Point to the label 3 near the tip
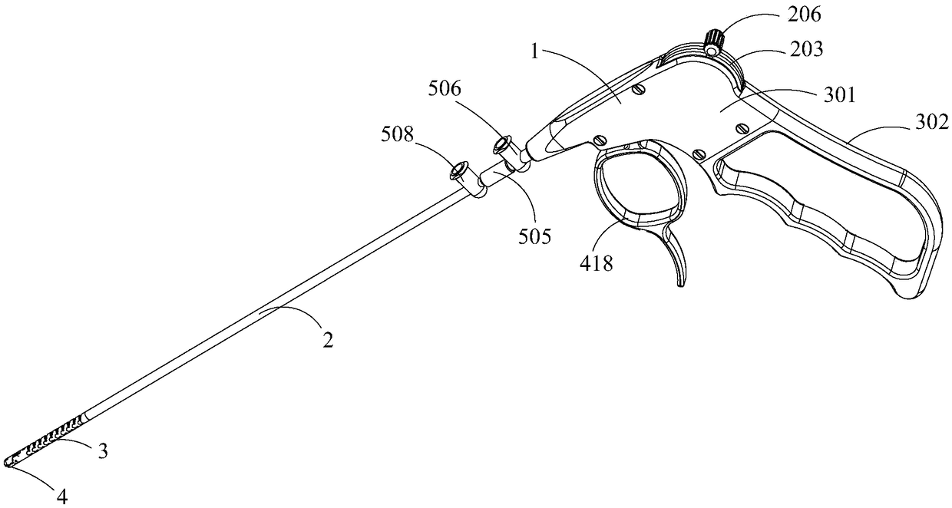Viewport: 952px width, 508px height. [x=101, y=451]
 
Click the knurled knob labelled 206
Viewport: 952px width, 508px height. [x=716, y=41]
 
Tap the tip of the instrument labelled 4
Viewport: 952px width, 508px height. [x=9, y=462]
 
